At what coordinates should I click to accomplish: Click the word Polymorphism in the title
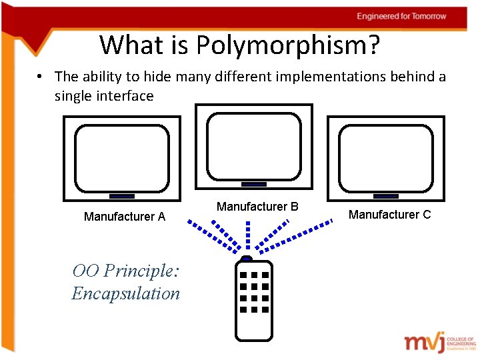point(287,45)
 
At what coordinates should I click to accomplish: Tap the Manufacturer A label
point(125,217)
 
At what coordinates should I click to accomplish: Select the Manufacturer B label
point(257,207)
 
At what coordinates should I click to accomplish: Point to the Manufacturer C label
point(389,215)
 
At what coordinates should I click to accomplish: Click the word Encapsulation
point(126,293)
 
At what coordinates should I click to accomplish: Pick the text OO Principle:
point(126,271)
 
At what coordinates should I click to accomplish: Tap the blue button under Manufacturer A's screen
point(121,196)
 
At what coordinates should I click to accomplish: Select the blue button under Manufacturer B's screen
point(253,184)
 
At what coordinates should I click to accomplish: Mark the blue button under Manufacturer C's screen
point(385,196)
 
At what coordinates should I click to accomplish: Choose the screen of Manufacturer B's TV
point(253,145)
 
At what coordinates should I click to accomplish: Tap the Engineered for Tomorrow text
point(401,16)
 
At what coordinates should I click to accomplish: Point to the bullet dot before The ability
point(41,77)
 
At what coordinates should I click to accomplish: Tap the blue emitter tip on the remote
point(246,257)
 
